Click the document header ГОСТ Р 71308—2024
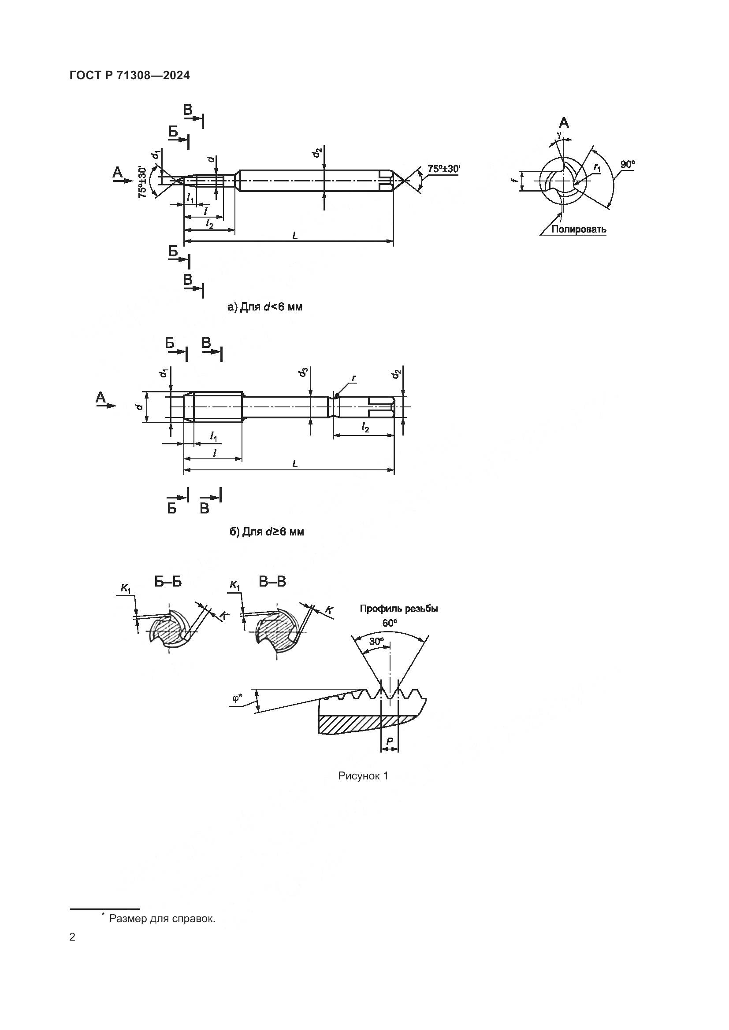pyautogui.click(x=130, y=75)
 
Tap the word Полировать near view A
pyautogui.click(x=579, y=229)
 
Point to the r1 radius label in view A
pyautogui.click(x=597, y=168)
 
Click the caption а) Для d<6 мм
pyautogui.click(x=265, y=307)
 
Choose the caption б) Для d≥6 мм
pyautogui.click(x=267, y=532)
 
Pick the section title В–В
pyautogui.click(x=272, y=582)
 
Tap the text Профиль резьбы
pyautogui.click(x=398, y=609)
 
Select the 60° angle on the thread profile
pyautogui.click(x=390, y=623)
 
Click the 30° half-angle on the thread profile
pyautogui.click(x=376, y=642)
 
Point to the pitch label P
pyautogui.click(x=389, y=742)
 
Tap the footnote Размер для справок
pyautogui.click(x=162, y=919)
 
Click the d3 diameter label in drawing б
pyautogui.click(x=304, y=372)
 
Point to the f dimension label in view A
pyautogui.click(x=516, y=181)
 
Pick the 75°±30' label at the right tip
pyautogui.click(x=444, y=169)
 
